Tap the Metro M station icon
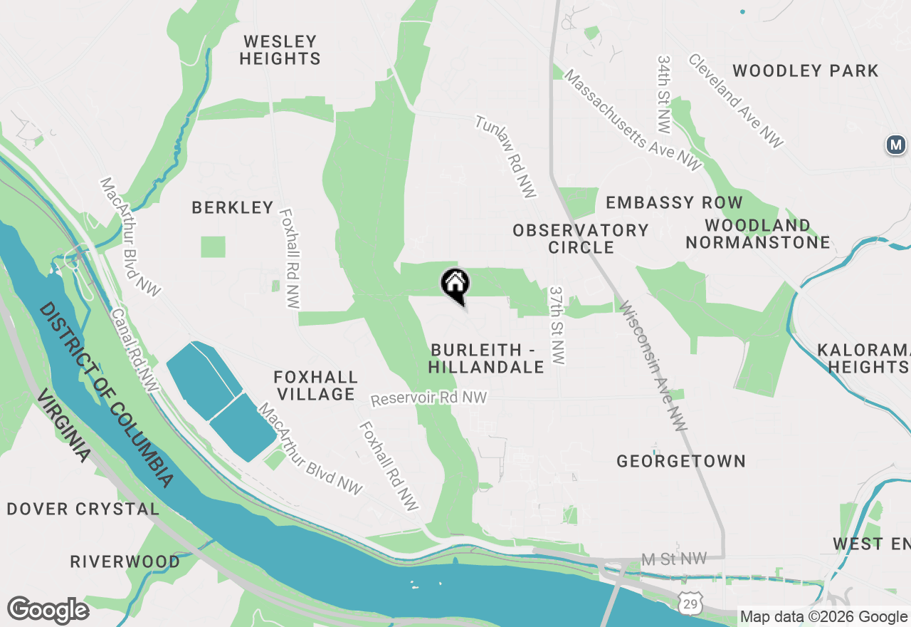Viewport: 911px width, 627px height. point(895,145)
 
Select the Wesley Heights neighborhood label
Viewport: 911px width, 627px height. point(280,50)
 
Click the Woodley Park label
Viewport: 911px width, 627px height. point(806,71)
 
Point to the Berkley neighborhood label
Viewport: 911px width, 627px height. point(233,207)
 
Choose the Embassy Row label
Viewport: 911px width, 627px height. point(674,202)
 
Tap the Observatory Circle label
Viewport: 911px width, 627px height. point(581,239)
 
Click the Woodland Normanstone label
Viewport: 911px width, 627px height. point(758,234)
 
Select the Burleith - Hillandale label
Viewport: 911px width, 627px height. point(487,358)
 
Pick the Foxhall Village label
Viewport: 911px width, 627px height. point(316,385)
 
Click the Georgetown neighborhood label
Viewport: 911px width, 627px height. point(681,461)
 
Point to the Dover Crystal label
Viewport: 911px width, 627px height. point(83,509)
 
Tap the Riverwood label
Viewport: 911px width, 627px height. point(125,561)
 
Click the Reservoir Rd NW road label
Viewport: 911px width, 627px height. point(428,398)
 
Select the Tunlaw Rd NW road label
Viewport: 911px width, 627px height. point(506,157)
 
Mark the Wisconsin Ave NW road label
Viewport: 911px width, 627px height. point(653,366)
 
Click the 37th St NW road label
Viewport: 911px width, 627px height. point(557,326)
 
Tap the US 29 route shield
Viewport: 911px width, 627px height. point(689,604)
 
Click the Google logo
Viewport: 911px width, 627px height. point(48,611)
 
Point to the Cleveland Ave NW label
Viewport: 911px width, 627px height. point(735,100)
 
